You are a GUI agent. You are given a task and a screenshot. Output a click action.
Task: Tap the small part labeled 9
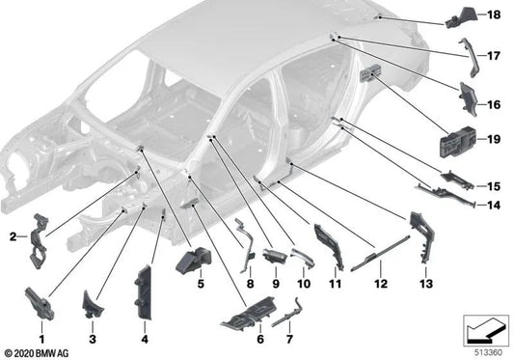click(x=274, y=255)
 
